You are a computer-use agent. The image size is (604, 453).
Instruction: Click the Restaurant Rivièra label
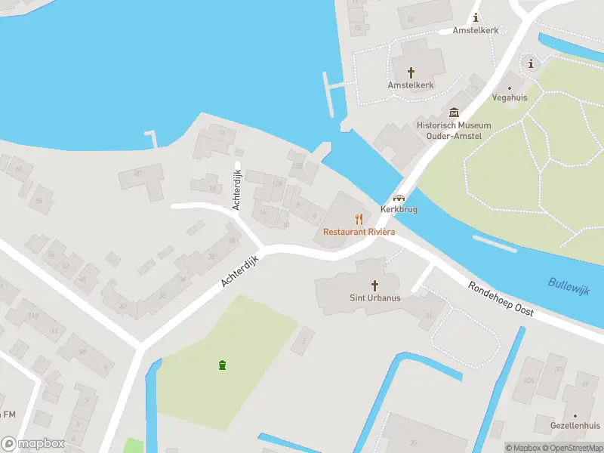[359, 232]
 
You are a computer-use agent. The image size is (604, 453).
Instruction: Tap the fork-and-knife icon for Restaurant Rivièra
[359, 220]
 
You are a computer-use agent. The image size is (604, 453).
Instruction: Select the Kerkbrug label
[399, 209]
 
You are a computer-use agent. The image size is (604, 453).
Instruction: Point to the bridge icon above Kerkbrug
[399, 198]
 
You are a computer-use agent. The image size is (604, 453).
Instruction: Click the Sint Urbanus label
[375, 297]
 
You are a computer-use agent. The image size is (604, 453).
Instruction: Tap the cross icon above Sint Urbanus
[375, 285]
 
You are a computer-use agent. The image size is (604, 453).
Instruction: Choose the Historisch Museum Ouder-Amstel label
[454, 130]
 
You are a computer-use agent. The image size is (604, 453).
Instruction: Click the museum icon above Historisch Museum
[455, 112]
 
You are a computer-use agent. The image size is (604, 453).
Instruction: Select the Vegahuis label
[510, 98]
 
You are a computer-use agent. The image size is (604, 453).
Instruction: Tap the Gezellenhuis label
[575, 426]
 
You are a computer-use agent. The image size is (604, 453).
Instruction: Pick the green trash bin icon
[223, 365]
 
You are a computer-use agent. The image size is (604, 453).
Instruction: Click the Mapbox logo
[33, 444]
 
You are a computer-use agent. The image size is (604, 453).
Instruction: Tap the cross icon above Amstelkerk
[411, 72]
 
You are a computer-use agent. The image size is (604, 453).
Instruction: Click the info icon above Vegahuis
[531, 63]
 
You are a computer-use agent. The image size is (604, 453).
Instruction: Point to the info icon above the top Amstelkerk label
[476, 17]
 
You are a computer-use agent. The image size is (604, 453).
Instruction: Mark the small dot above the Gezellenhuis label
[575, 415]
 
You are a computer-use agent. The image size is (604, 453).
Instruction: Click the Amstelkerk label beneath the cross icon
[411, 85]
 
